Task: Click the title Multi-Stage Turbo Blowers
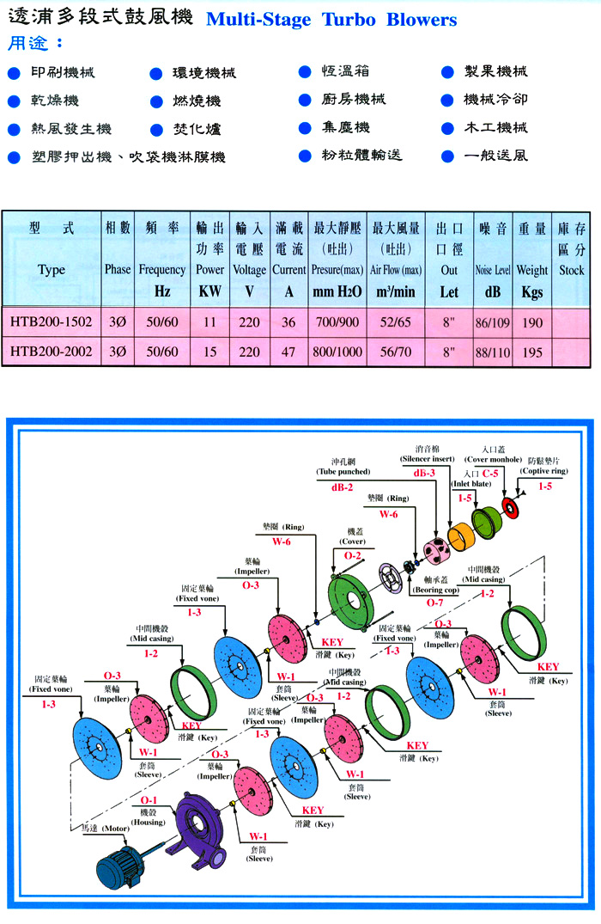click(331, 20)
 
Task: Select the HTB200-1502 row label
click(52, 322)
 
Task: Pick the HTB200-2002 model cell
click(52, 352)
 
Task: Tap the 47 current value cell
click(288, 352)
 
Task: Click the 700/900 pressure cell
click(339, 322)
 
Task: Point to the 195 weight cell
click(531, 352)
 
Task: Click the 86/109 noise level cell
click(492, 322)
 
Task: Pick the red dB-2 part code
click(343, 486)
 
